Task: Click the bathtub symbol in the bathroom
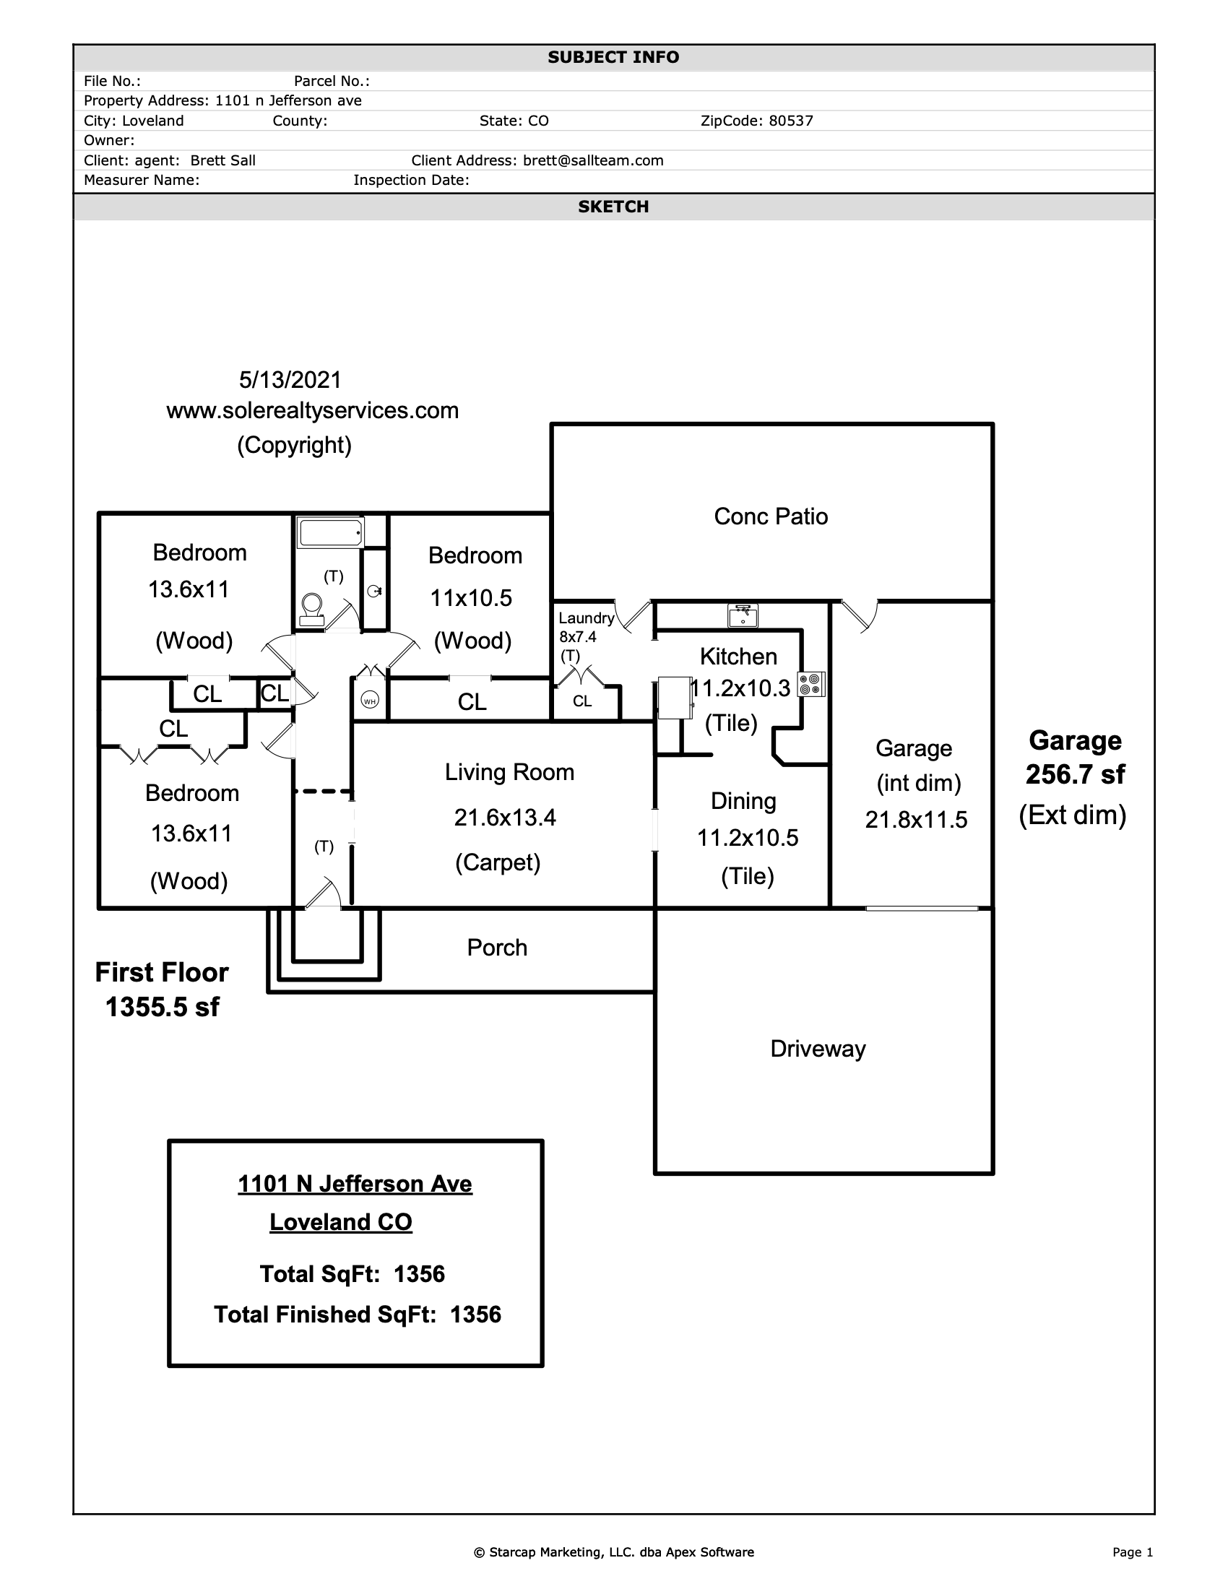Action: [330, 532]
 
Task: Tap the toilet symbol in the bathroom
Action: [312, 610]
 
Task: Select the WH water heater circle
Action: [370, 701]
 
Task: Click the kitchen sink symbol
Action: [743, 615]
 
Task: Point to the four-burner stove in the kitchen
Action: [811, 684]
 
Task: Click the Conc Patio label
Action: [771, 516]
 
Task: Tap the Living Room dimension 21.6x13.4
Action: [505, 818]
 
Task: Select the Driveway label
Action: [818, 1049]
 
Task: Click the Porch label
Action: [497, 948]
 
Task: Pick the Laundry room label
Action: [587, 618]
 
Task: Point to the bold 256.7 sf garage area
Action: [1076, 775]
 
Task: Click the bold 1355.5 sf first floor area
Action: [163, 1007]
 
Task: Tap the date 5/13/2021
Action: [290, 380]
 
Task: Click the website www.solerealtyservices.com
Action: [313, 411]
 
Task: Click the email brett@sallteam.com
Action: [594, 161]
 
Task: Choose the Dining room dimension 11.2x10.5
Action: [748, 838]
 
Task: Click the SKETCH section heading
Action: [613, 207]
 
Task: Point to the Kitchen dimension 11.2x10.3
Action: [739, 688]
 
